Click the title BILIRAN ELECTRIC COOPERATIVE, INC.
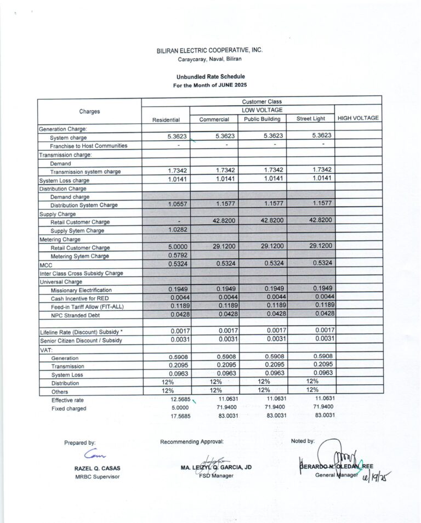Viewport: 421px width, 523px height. pyautogui.click(x=209, y=50)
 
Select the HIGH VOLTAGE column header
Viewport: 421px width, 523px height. pyautogui.click(x=358, y=118)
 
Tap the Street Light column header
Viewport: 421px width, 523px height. pyautogui.click(x=310, y=119)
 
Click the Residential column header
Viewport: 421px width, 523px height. pyautogui.click(x=166, y=120)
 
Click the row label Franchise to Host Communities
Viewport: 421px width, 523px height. pyautogui.click(x=88, y=146)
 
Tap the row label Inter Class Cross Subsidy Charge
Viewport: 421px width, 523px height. pyautogui.click(x=81, y=273)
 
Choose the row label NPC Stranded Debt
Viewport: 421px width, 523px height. pyautogui.click(x=77, y=315)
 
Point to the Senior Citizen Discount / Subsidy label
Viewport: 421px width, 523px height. pyautogui.click(x=81, y=340)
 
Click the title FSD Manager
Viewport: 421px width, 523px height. pyautogui.click(x=217, y=475)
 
